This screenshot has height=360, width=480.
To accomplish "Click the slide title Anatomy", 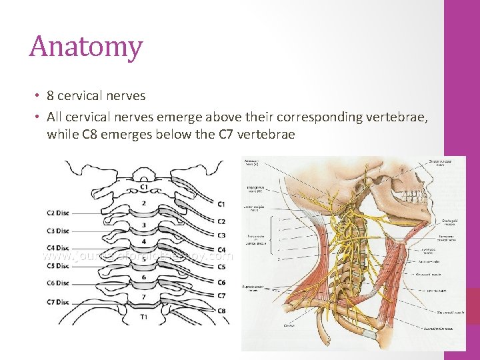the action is [x=86, y=47].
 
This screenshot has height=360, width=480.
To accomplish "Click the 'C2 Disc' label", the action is [x=57, y=213].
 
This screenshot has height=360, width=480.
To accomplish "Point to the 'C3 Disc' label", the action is [x=57, y=231].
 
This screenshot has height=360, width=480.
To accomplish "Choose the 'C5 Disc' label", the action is [x=57, y=266].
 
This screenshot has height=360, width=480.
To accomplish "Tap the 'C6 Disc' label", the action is [x=57, y=283].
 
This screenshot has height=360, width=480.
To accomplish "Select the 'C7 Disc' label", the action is [x=57, y=302].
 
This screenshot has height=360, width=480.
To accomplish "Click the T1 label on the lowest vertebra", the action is [x=144, y=318].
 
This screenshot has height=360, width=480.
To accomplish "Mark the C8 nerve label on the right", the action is [x=221, y=311].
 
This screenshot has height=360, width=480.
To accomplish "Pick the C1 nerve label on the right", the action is [x=221, y=203].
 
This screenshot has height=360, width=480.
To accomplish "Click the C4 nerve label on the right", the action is [x=221, y=250].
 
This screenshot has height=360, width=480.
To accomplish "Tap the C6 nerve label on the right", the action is [x=221, y=283].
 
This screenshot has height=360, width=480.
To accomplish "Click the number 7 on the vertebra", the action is [x=143, y=296].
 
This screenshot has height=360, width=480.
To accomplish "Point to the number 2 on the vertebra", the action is [x=143, y=203].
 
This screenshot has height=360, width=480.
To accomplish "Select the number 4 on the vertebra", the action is [x=143, y=241].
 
